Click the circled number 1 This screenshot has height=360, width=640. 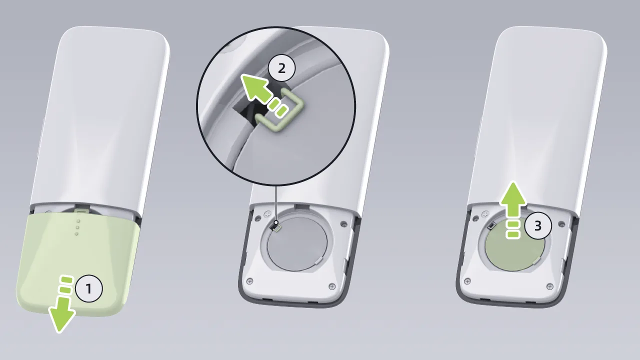point(88,288)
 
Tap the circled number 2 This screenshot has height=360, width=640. point(281,68)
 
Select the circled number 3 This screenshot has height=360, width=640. point(537,225)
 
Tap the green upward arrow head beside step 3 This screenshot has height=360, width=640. point(513,194)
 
